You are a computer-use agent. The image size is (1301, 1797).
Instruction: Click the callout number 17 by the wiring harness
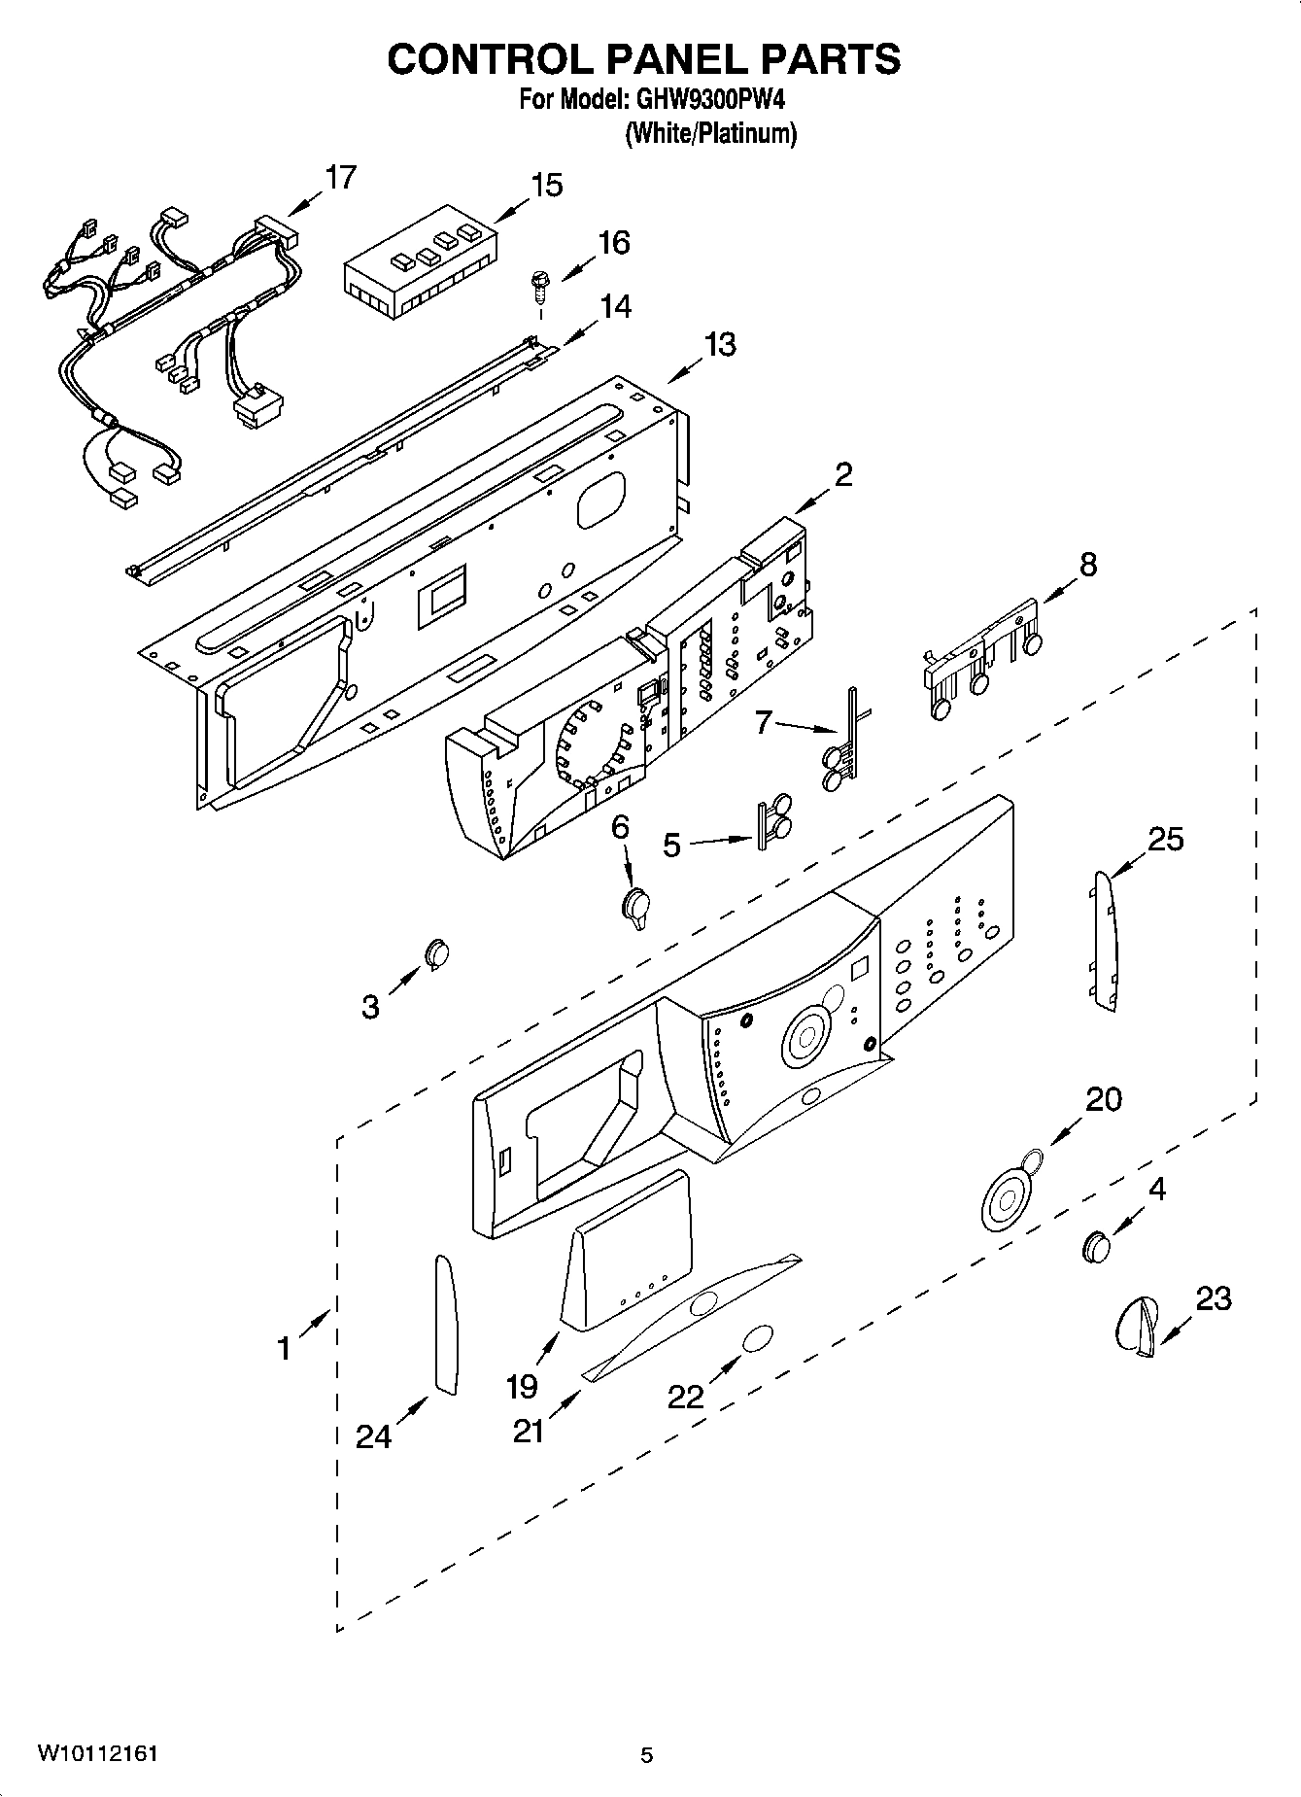click(340, 178)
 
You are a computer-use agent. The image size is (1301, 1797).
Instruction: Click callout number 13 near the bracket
click(719, 345)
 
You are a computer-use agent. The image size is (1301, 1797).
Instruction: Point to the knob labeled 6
click(635, 907)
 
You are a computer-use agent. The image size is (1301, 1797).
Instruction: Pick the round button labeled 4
click(1096, 1245)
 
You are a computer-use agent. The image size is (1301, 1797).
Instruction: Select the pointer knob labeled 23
click(1135, 1325)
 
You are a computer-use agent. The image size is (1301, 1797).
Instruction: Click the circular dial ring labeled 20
click(1007, 1196)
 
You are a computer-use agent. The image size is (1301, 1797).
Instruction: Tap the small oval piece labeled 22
click(757, 1338)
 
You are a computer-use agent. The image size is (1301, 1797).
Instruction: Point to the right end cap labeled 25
click(1105, 941)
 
